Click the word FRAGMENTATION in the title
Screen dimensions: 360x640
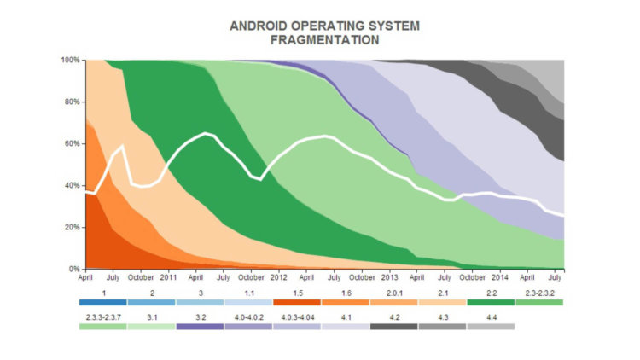[324, 40]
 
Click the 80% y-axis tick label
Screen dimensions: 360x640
[72, 102]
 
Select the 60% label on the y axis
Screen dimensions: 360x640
[72, 144]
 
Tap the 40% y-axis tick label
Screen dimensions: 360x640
[72, 185]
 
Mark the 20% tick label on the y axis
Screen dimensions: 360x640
[72, 227]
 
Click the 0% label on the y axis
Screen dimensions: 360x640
[74, 269]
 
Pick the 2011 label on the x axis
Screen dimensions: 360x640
[168, 278]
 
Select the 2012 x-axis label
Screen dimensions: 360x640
[278, 278]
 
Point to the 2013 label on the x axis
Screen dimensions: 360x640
[389, 278]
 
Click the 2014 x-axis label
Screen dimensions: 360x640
[499, 278]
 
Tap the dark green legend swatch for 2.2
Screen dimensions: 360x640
[491, 302]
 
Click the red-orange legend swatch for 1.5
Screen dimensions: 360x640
[297, 302]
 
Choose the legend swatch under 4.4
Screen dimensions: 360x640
[491, 327]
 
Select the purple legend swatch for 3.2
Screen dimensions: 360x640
[200, 327]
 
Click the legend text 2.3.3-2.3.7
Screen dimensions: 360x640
[102, 317]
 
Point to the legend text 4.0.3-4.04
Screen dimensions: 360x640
[297, 317]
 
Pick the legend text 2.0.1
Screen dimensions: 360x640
[393, 293]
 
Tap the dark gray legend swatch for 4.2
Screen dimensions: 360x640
[393, 327]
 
